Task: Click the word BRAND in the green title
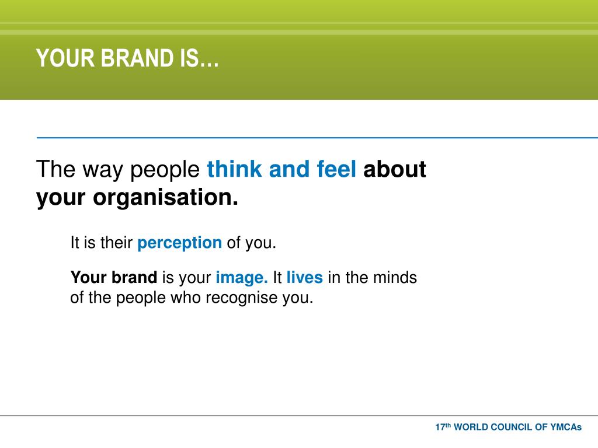[x=137, y=58]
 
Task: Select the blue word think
[x=235, y=169]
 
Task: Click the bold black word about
[x=395, y=169]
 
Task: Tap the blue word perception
[x=180, y=243]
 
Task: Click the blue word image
[x=242, y=278]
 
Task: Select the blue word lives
[x=305, y=277]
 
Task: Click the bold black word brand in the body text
[x=135, y=277]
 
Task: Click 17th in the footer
[x=443, y=426]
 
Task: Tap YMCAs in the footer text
[x=566, y=427]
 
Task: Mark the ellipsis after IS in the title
[x=210, y=65]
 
